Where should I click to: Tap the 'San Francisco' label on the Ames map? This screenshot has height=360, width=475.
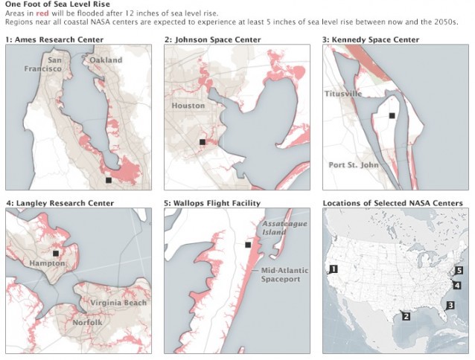[x=51, y=65]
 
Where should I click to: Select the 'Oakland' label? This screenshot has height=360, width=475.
[x=106, y=60]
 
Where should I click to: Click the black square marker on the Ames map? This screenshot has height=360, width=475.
[x=109, y=180]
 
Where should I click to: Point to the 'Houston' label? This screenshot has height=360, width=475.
[x=188, y=106]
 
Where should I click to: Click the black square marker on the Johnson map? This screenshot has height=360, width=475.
[x=202, y=141]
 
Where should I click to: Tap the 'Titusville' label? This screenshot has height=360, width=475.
[x=343, y=94]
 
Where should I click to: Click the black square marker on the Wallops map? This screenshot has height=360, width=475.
[x=247, y=245]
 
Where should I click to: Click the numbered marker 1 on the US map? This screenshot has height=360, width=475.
[x=334, y=269]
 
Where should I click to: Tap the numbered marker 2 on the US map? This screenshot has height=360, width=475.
[x=406, y=316]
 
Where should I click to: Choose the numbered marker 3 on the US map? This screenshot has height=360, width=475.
[x=450, y=306]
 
